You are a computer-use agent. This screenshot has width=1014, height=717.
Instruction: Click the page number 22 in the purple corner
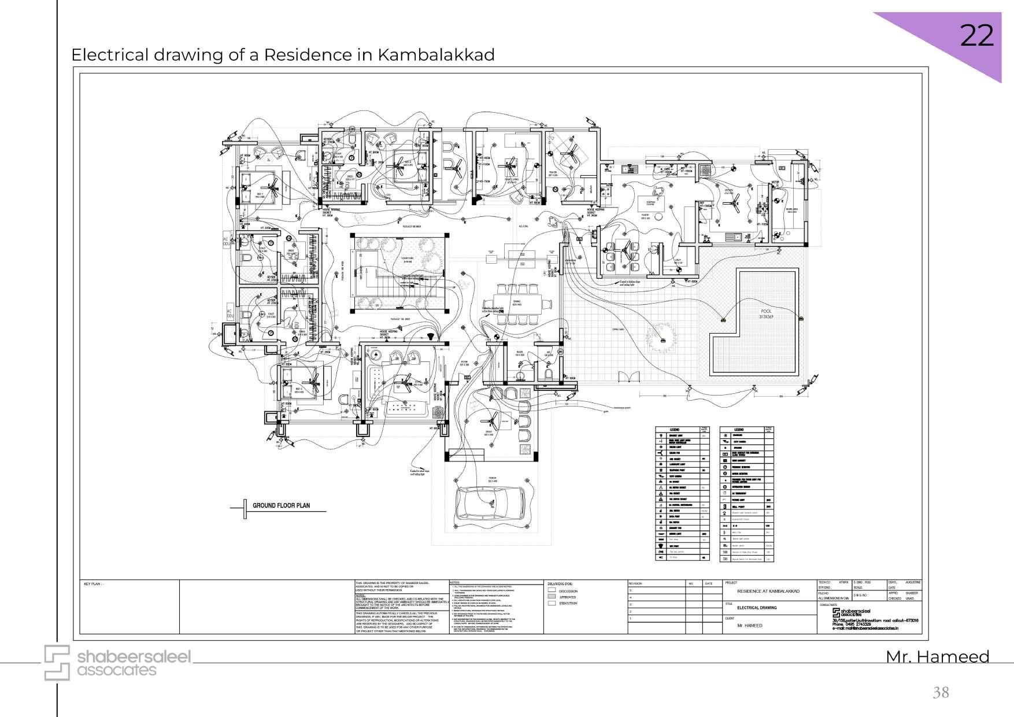point(976,36)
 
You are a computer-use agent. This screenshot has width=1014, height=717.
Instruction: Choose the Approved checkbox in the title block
point(552,597)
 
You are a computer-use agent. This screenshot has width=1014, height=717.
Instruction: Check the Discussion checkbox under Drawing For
point(552,591)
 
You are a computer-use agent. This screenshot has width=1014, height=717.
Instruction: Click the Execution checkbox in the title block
point(552,603)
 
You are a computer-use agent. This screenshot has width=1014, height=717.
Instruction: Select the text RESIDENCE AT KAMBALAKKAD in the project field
point(768,592)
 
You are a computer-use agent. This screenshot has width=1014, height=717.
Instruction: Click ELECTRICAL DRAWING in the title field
point(757,608)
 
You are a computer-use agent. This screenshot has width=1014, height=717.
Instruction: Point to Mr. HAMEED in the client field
point(750,626)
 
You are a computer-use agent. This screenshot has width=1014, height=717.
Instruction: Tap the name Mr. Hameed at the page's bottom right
point(937,657)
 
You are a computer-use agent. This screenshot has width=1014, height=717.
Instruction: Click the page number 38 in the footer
point(941,692)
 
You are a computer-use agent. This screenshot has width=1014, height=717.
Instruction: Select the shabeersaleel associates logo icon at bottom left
point(57,663)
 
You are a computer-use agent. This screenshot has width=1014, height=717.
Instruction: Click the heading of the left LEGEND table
point(675,430)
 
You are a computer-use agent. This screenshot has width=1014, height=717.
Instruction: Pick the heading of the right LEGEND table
point(739,430)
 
